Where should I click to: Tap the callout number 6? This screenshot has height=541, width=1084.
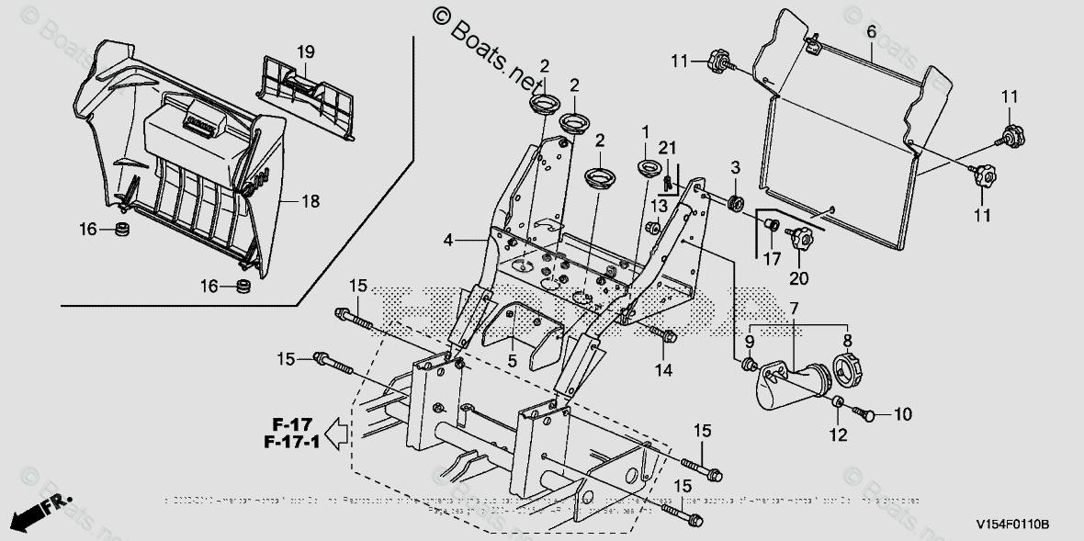[x=871, y=30]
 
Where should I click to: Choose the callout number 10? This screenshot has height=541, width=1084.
[x=903, y=415]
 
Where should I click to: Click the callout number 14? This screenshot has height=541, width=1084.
[x=663, y=370]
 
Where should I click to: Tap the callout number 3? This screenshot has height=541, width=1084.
[x=735, y=167]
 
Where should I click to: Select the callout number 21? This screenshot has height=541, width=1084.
[x=667, y=148]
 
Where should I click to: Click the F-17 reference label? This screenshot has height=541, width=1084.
[x=292, y=424]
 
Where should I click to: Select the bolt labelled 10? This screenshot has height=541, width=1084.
[x=866, y=415]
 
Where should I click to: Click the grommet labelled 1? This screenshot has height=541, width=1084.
[x=649, y=167]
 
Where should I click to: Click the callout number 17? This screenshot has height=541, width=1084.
[x=772, y=260]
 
